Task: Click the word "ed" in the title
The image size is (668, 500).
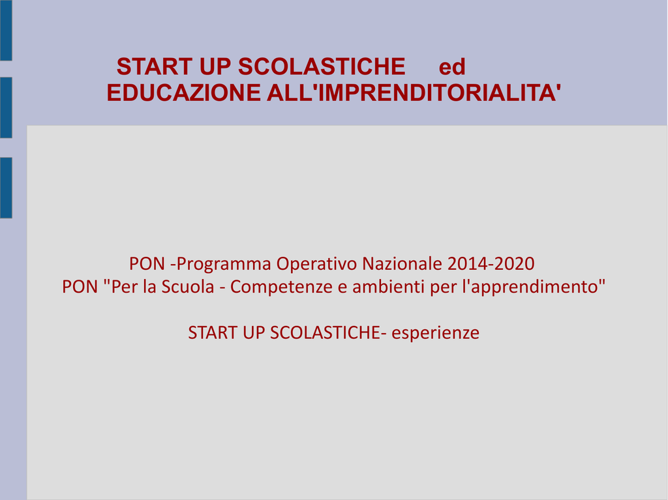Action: pyautogui.click(x=452, y=67)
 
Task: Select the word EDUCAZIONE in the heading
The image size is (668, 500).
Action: pyautogui.click(x=183, y=93)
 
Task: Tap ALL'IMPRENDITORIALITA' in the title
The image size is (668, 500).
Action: pyautogui.click(x=414, y=93)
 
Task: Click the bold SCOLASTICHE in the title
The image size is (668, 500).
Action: pyautogui.click(x=322, y=66)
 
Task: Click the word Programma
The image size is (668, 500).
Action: pyautogui.click(x=224, y=264)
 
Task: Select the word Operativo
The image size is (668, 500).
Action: pyautogui.click(x=317, y=264)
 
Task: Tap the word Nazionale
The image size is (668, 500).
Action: pyautogui.click(x=402, y=263)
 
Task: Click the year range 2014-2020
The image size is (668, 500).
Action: pyautogui.click(x=491, y=263)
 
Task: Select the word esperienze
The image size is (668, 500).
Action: pyautogui.click(x=435, y=333)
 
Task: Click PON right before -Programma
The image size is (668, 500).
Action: pyautogui.click(x=147, y=263)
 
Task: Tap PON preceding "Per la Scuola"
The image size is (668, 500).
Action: pyautogui.click(x=80, y=287)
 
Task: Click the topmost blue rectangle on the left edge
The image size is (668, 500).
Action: pyautogui.click(x=6, y=30)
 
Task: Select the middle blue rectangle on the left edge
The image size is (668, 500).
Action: pyautogui.click(x=6, y=108)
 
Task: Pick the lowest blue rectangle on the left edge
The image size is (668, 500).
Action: pyautogui.click(x=6, y=188)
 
